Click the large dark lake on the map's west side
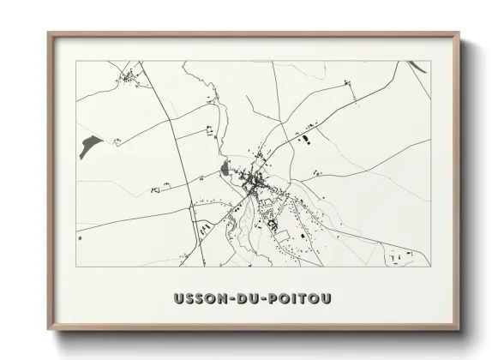(x=87, y=145)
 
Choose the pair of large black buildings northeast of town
(x=303, y=134)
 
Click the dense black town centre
(x=254, y=180)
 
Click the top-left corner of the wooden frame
(x=49, y=34)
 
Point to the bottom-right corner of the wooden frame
(x=461, y=328)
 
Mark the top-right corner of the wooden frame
(x=461, y=34)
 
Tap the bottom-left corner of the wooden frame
(x=49, y=328)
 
